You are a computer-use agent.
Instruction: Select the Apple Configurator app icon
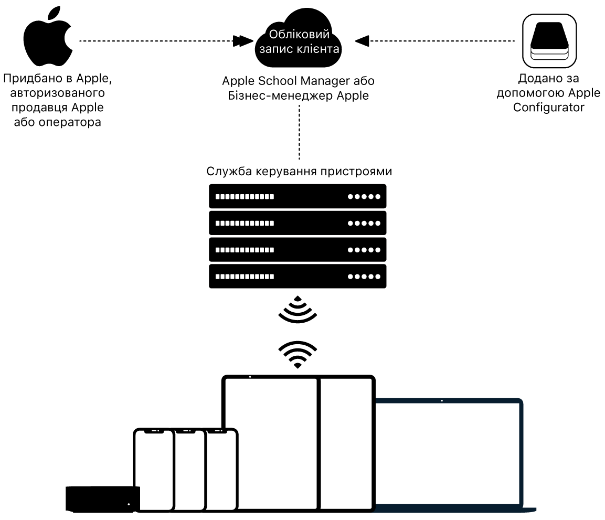[x=549, y=40]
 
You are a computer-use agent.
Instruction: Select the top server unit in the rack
[x=298, y=196]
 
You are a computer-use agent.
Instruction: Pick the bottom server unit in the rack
[x=298, y=277]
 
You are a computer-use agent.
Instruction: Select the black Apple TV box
[x=103, y=498]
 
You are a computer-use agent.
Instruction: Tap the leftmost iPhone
[x=153, y=469]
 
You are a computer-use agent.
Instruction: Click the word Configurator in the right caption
[x=549, y=108]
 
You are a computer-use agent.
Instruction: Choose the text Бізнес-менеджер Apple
[x=299, y=95]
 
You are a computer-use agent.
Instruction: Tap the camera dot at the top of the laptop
[x=442, y=401]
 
